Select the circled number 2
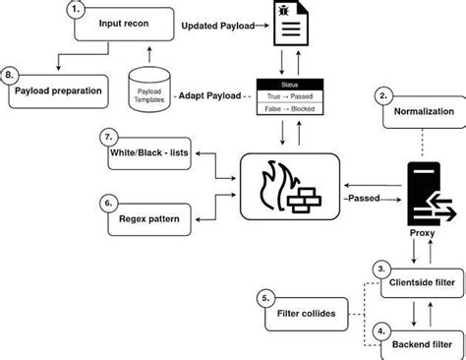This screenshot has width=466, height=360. click(382, 95)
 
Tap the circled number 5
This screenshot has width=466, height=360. click(264, 298)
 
